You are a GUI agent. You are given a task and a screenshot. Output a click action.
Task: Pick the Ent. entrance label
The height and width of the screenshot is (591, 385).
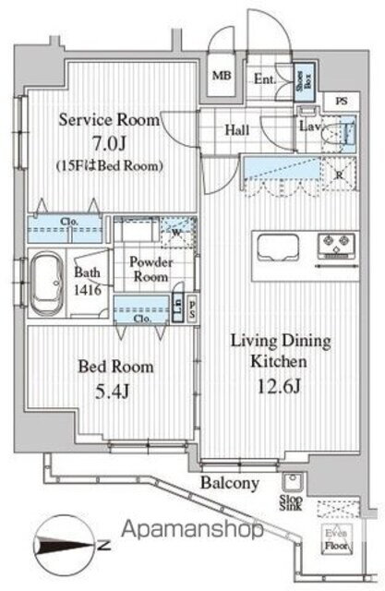point(265,78)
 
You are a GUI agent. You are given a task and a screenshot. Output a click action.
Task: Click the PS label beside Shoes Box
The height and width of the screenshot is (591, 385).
point(342,102)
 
